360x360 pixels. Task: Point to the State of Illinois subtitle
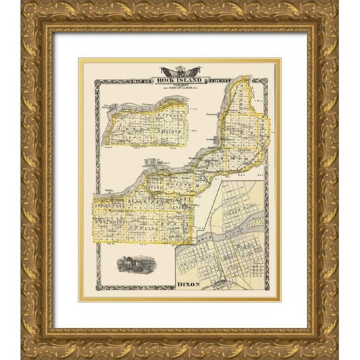coord(179,85)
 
